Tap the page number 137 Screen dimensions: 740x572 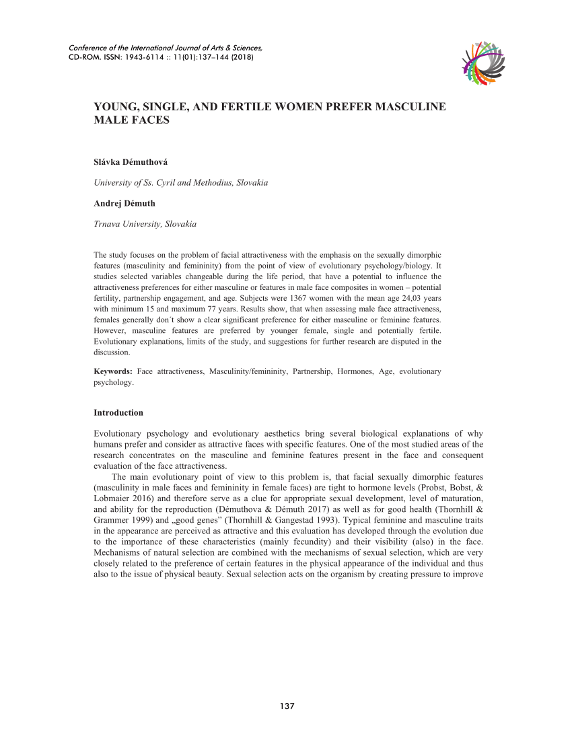(287, 706)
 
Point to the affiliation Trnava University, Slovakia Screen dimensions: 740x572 (145, 223)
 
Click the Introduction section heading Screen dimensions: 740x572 (118, 412)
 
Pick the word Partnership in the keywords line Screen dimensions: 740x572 (314, 371)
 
